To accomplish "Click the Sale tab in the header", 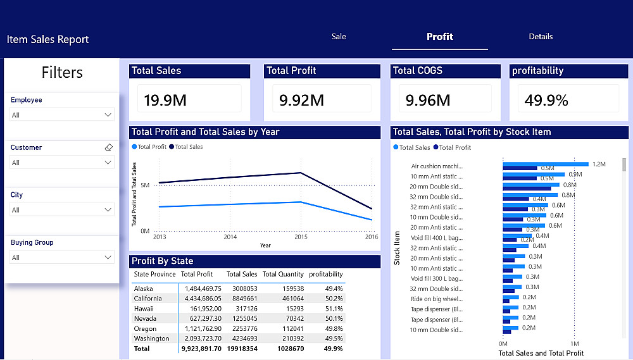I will click(339, 37).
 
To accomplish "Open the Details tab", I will click(541, 37).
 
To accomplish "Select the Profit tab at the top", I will click(439, 37).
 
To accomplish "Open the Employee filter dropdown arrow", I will click(108, 115).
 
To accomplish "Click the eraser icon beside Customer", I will click(108, 147).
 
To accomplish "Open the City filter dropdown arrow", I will click(108, 210).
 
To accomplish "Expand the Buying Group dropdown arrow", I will click(108, 258).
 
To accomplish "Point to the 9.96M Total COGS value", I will click(428, 100).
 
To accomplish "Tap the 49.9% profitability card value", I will click(546, 100).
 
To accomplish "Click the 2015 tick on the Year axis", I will click(301, 237).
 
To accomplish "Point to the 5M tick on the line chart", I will click(145, 185).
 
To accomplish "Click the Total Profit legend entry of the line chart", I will click(149, 147).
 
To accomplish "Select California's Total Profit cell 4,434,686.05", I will click(200, 298).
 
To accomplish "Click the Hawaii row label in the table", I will click(144, 308).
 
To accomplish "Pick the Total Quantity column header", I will click(283, 274).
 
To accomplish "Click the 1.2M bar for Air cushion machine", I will click(545, 164).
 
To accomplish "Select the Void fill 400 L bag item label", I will click(437, 237).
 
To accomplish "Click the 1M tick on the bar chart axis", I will click(574, 344).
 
